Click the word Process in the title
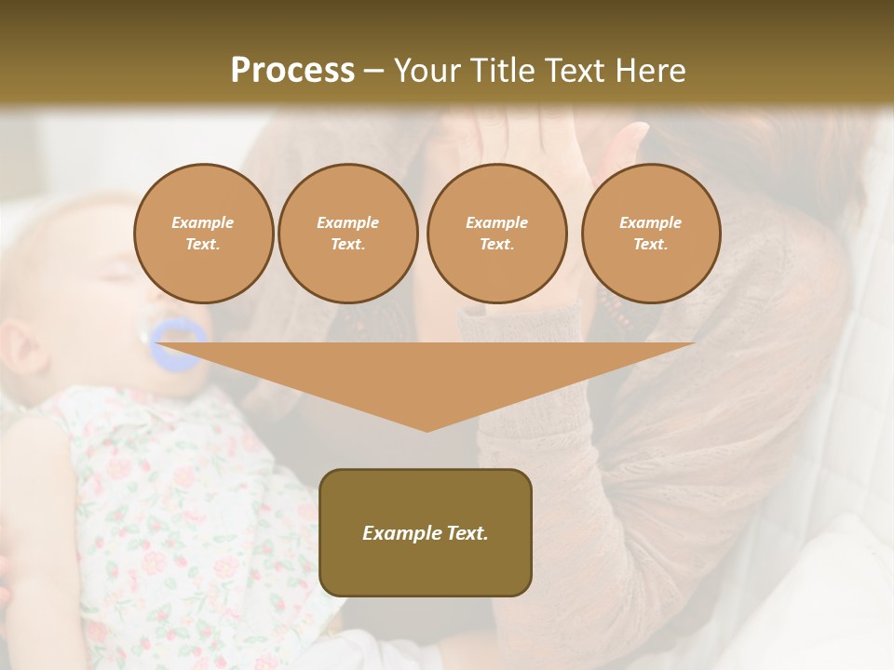292,71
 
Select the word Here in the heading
649,71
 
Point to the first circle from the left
203,234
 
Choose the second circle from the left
348,234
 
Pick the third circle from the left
496,234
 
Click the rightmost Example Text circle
651,234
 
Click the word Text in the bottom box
467,533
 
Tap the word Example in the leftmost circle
203,222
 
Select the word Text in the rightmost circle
650,245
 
